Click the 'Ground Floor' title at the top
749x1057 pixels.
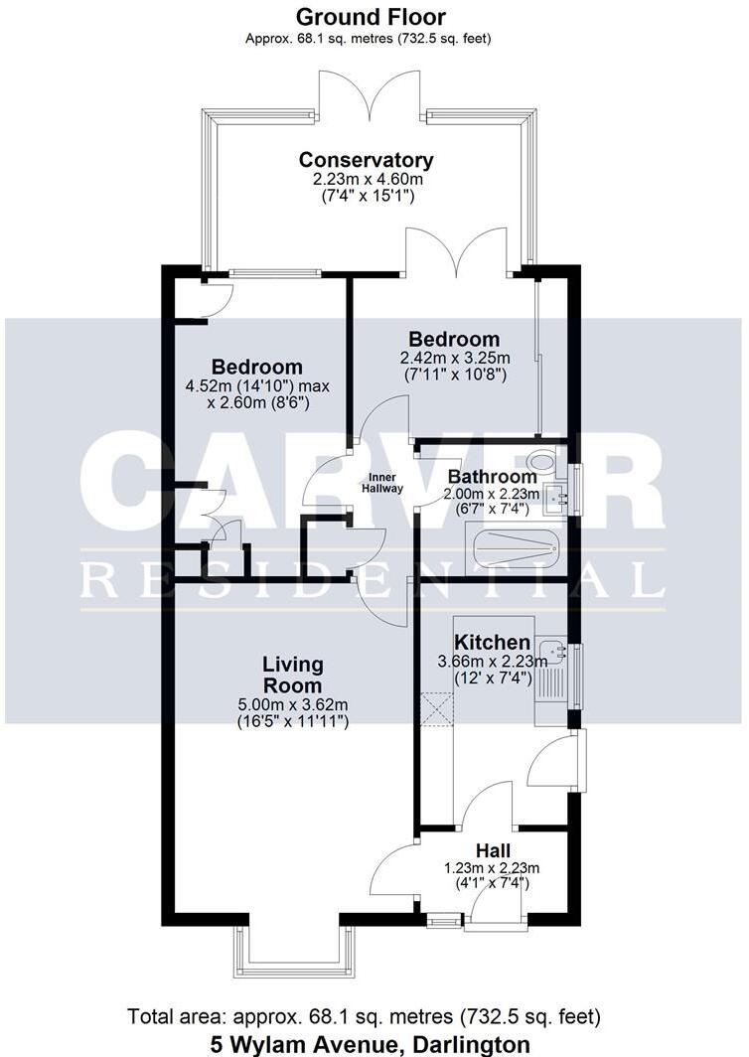click(x=372, y=17)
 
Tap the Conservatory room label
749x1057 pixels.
click(x=367, y=160)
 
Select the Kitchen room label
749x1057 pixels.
click(x=492, y=643)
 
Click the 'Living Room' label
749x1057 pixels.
click(x=292, y=675)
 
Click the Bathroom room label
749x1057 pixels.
click(x=492, y=477)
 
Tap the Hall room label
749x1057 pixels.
click(x=493, y=850)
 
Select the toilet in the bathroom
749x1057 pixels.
click(x=542, y=461)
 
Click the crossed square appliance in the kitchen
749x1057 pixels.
click(x=436, y=710)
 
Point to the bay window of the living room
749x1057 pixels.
click(x=293, y=952)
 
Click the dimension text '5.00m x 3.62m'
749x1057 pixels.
click(x=292, y=705)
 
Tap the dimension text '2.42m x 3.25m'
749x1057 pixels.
click(x=455, y=359)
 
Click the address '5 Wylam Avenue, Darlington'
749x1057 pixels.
click(x=370, y=1044)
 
